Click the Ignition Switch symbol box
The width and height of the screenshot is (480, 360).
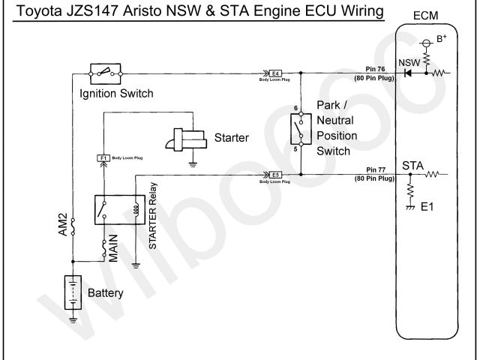tap(104, 73)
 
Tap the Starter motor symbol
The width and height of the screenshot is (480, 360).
tap(188, 140)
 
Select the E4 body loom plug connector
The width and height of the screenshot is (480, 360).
tap(275, 73)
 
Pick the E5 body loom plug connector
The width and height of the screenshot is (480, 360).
tap(275, 175)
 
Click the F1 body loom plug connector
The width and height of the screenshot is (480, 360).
tap(103, 157)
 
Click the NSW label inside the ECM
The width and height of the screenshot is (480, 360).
tap(409, 61)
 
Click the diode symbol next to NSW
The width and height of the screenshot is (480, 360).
tap(409, 73)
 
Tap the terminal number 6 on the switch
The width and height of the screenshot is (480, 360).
tap(296, 109)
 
